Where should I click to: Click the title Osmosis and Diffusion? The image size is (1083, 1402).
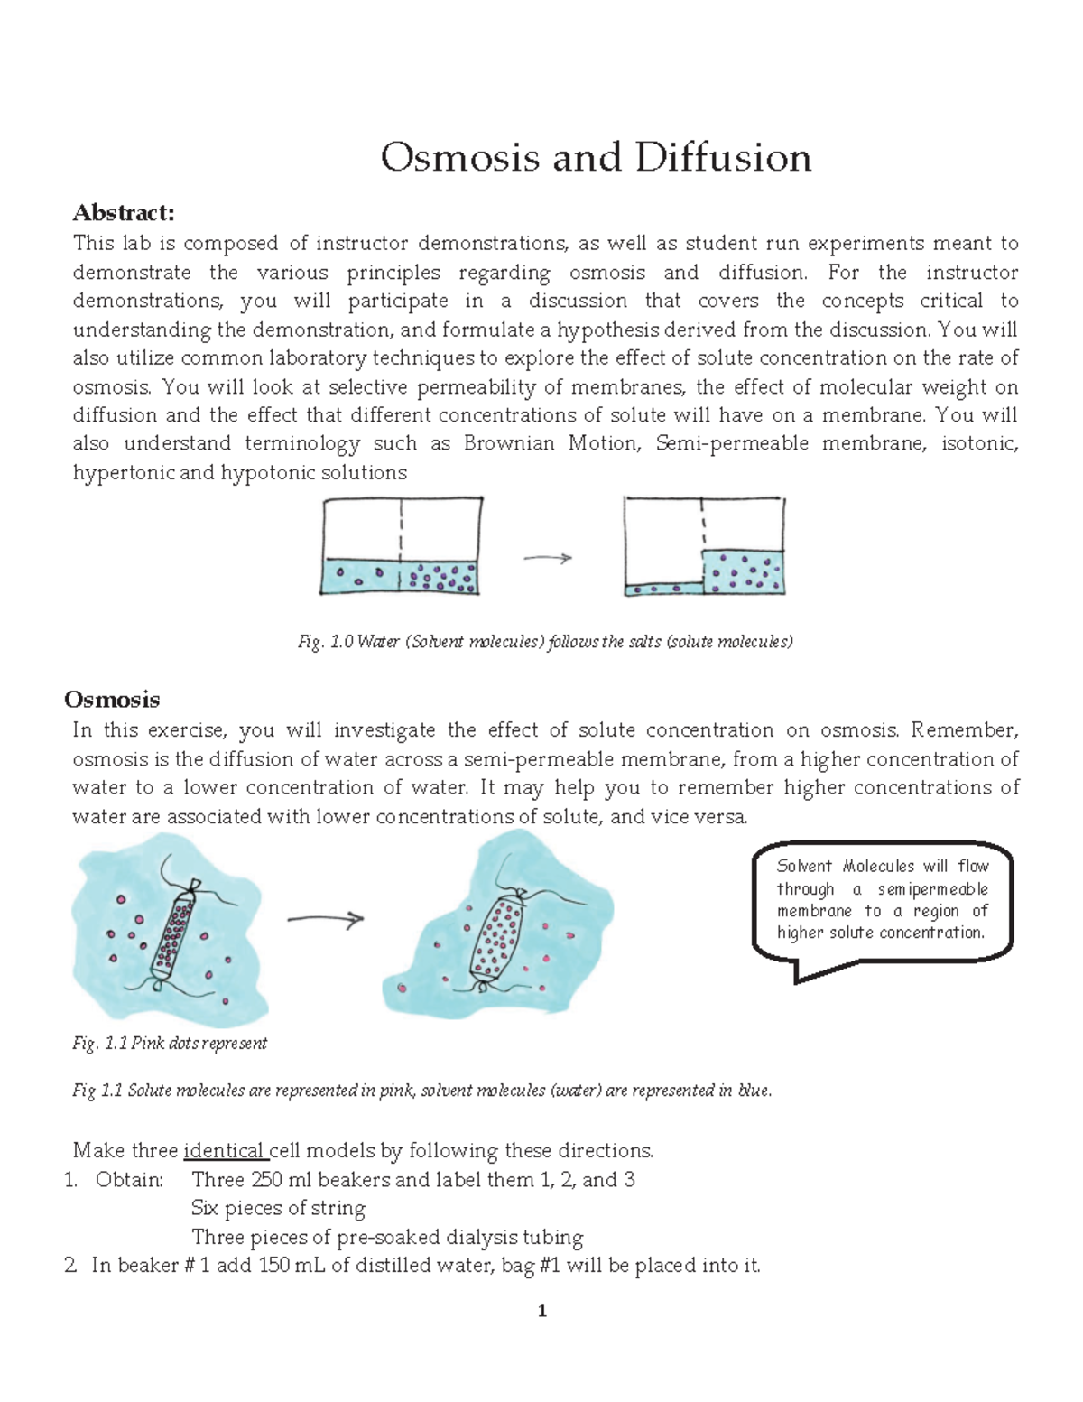pos(596,158)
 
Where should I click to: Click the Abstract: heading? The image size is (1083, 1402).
pos(124,213)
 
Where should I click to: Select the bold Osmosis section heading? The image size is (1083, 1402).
pos(112,700)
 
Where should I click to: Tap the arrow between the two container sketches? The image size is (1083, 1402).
pos(548,559)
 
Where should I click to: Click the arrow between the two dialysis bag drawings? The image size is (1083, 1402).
pos(325,919)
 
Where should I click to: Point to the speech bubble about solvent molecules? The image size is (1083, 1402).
pos(882,900)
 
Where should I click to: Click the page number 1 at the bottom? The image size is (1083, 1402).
pos(542,1311)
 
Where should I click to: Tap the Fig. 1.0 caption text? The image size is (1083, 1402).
pos(545,642)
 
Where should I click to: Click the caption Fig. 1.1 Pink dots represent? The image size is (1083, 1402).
pos(170,1044)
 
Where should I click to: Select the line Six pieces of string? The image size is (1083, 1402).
pos(278,1208)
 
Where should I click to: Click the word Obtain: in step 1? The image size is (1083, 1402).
pos(129,1180)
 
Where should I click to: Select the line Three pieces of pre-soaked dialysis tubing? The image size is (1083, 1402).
pos(387,1237)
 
